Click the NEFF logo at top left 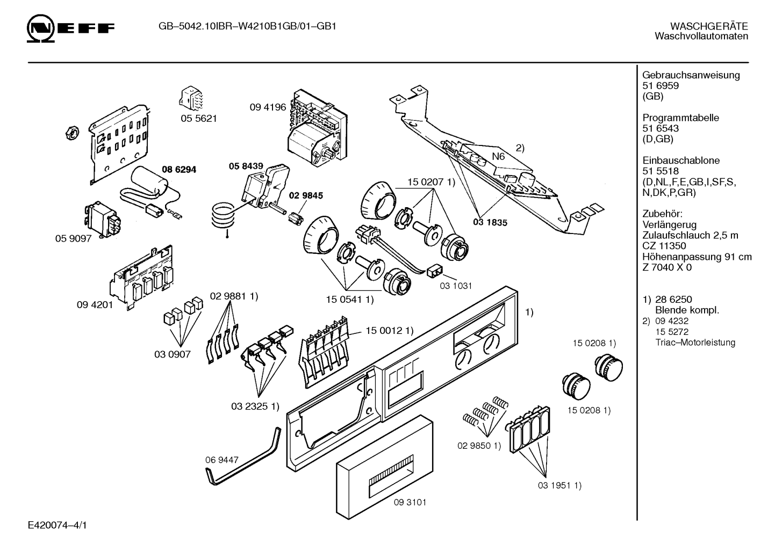click(70, 28)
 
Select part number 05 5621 click(199, 119)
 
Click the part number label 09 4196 click(268, 107)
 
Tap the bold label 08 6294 click(179, 169)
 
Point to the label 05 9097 click(73, 238)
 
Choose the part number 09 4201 click(95, 305)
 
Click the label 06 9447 click(222, 460)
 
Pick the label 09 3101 click(410, 502)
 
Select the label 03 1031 click(456, 286)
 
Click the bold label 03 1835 click(490, 223)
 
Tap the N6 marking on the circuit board click(498, 157)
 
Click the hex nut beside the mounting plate click(72, 133)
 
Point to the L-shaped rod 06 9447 click(242, 457)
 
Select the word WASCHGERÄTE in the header click(709, 26)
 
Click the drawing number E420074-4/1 click(58, 525)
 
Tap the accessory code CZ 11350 click(664, 246)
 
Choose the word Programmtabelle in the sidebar click(680, 118)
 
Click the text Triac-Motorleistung click(695, 342)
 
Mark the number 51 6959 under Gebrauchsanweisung click(661, 86)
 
